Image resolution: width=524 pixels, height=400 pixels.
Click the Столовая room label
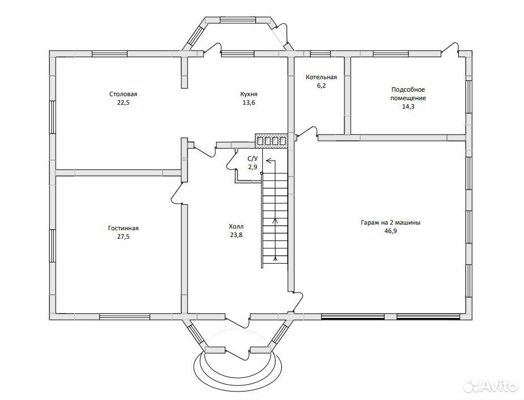(x=123, y=94)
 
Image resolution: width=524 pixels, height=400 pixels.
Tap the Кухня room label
(x=249, y=94)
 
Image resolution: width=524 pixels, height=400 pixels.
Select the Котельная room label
(x=321, y=77)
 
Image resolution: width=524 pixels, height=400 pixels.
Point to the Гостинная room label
(x=123, y=229)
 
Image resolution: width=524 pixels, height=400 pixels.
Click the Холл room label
(x=236, y=226)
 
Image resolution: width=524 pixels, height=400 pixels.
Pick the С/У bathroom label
(x=252, y=158)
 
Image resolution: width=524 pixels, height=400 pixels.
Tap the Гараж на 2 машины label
(x=390, y=222)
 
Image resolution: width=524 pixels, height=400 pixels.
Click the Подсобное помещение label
(x=408, y=94)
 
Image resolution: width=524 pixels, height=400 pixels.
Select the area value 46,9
(x=390, y=231)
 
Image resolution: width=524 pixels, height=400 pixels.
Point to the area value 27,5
(x=123, y=236)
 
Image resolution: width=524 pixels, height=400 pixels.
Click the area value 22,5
(x=123, y=102)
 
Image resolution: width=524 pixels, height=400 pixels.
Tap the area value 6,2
(x=321, y=86)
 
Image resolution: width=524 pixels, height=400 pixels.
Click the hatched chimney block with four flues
(x=271, y=140)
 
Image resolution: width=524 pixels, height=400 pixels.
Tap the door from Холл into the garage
(x=297, y=302)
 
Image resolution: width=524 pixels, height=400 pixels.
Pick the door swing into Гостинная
(x=178, y=193)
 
